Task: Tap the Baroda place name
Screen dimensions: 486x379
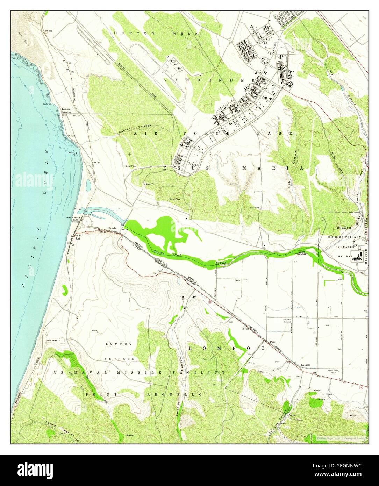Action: (112, 228)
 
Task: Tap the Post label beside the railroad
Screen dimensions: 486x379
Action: (273, 342)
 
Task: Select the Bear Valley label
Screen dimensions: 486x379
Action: (52, 340)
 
